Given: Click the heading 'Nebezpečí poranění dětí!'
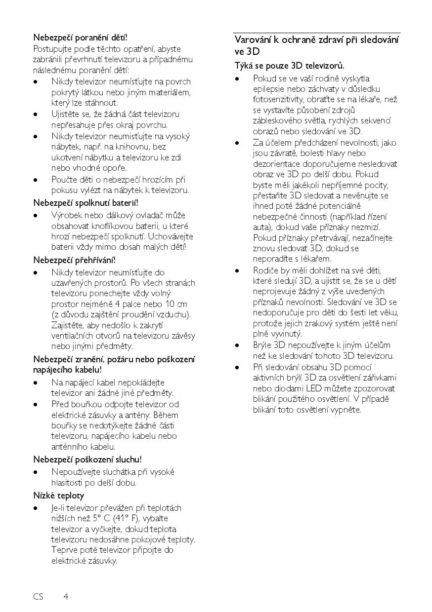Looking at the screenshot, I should coord(80,37).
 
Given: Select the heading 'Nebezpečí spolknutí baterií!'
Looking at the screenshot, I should coord(86,202).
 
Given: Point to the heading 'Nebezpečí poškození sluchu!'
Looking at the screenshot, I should coord(87,459).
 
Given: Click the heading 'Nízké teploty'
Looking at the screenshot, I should coord(58,496).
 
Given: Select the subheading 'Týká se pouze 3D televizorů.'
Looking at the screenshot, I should coord(289,66).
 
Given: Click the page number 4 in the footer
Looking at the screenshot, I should coord(66,597).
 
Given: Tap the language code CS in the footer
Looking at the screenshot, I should coord(39,597).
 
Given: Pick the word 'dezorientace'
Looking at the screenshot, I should coord(276,164).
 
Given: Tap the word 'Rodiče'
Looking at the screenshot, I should coord(265,270).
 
